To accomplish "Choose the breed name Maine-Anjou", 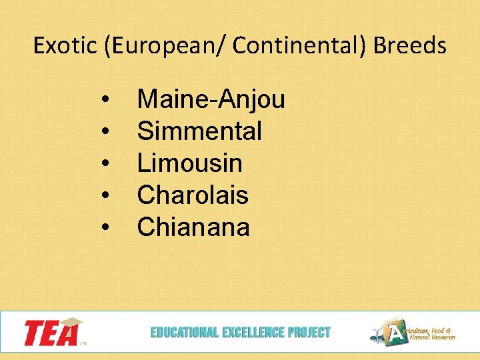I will click(x=211, y=99).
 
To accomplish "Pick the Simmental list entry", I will click(x=199, y=131).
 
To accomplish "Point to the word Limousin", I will click(x=189, y=163).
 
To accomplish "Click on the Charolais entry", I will click(x=193, y=195).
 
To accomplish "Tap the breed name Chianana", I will click(x=193, y=227).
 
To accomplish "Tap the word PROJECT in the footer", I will click(x=309, y=332).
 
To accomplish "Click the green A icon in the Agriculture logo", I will click(x=397, y=331).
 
